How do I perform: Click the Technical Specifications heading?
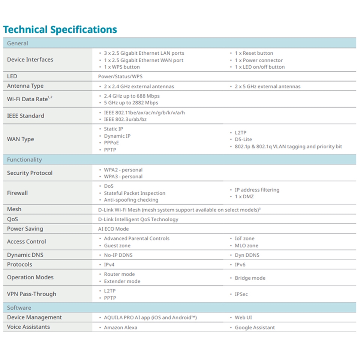(x=60, y=30)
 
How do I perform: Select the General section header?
(x=17, y=43)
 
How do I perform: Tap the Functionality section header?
(x=24, y=159)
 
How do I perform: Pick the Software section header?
(x=19, y=307)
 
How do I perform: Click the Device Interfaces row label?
(x=30, y=60)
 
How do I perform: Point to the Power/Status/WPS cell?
(x=120, y=76)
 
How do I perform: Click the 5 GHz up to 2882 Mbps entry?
(x=131, y=103)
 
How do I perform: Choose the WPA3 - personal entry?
(x=123, y=176)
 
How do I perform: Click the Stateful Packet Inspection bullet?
(x=134, y=193)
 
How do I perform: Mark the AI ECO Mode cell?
(x=113, y=229)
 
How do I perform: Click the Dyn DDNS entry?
(x=247, y=255)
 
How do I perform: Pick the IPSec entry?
(x=241, y=294)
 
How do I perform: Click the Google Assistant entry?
(x=255, y=327)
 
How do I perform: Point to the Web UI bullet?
(x=243, y=318)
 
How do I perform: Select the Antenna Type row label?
(x=25, y=86)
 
